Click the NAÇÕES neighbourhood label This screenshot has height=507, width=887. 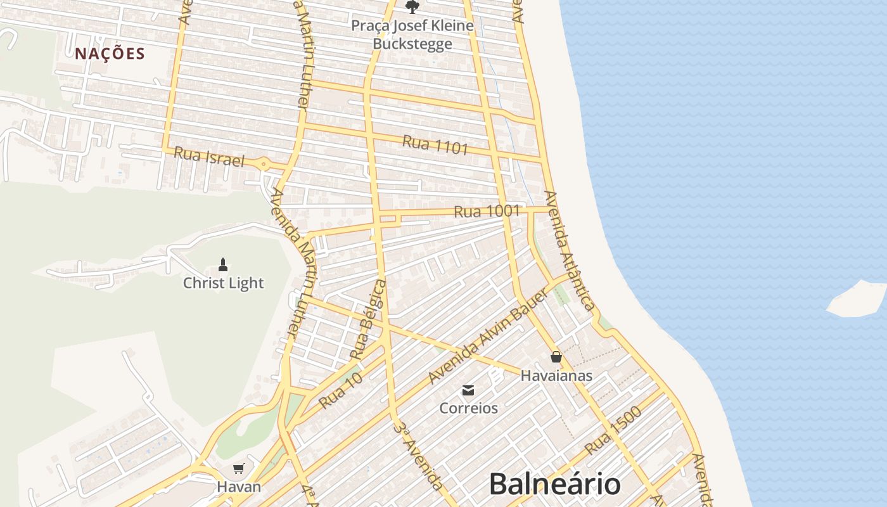pos(110,54)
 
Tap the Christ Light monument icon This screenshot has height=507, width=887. pos(222,264)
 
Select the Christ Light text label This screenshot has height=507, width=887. pos(223,283)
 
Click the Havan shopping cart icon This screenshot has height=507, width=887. pos(238,469)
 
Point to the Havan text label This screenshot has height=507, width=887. pos(238,487)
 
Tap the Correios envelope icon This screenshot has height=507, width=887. pos(468,390)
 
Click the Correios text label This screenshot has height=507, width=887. pos(469,408)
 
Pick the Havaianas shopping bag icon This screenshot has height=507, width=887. pos(556,357)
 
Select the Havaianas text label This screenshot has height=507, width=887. pos(556,375)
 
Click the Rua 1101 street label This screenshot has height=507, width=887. pos(435,145)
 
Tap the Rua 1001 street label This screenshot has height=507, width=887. pos(487,211)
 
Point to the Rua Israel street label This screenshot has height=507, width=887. pos(208,157)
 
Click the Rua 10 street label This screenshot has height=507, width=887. pos(340,390)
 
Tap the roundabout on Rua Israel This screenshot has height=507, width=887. pos(264,164)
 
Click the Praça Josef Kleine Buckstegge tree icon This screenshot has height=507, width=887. pos(412,7)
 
